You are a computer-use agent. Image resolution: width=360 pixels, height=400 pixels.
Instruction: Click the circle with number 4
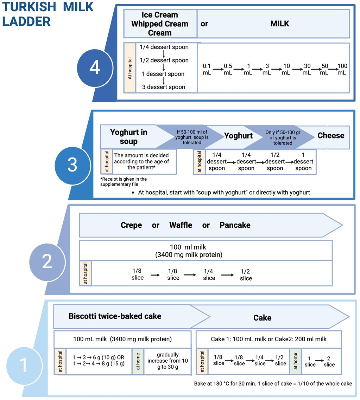point(94,67)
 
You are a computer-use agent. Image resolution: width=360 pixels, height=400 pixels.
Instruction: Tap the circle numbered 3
point(72,165)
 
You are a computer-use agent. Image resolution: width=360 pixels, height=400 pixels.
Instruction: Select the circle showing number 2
point(47,262)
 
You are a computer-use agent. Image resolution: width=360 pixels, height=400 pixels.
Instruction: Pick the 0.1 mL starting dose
point(207,69)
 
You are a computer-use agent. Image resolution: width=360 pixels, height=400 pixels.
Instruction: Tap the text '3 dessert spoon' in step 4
point(164,87)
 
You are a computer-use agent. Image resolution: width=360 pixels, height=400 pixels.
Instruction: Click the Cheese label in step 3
point(331,136)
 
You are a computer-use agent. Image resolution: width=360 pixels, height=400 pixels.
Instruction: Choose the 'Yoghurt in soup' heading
point(128,137)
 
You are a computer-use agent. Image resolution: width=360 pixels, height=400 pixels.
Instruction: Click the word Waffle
point(181,225)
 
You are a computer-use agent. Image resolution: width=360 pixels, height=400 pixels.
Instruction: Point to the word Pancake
point(235,225)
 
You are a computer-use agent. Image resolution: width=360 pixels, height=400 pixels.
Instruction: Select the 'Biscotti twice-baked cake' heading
point(115,316)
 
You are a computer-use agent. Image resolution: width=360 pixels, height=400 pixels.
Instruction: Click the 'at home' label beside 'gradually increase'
point(138,361)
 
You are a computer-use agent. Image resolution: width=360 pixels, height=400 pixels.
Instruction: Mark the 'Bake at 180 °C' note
point(273,383)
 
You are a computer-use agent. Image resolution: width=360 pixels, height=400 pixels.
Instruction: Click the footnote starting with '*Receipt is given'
point(124,181)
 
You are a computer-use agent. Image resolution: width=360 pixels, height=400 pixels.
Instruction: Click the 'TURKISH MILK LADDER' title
point(48,14)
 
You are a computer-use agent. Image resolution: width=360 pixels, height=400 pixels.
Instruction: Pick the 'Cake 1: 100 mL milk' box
point(269,339)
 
